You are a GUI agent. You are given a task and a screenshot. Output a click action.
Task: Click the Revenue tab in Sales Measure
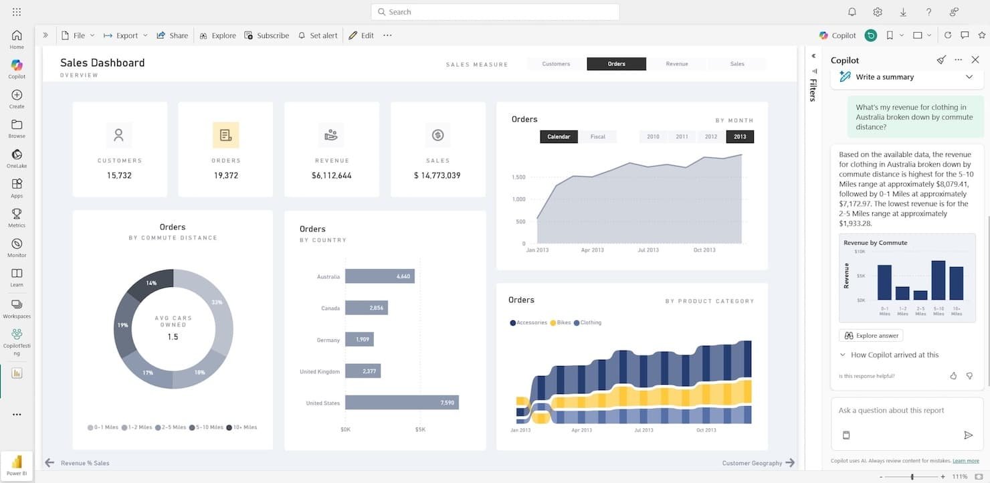(x=676, y=64)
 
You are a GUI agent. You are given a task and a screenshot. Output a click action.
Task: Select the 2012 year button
(x=710, y=136)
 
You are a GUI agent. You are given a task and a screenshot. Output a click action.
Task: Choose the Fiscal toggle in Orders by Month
(x=597, y=136)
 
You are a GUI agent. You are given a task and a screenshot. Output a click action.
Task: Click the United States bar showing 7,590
(x=401, y=403)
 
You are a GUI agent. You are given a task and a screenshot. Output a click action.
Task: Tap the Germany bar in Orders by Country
(x=359, y=340)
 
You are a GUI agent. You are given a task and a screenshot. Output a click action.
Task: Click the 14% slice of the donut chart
(x=151, y=284)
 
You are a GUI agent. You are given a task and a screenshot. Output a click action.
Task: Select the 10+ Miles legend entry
(x=241, y=427)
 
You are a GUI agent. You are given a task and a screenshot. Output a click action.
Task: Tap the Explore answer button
(x=871, y=335)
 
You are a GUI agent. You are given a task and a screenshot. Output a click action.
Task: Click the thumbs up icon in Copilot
(x=953, y=376)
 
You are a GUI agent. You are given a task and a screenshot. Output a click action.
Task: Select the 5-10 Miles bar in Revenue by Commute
(x=938, y=280)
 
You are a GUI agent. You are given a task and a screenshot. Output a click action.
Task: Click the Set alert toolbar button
(x=318, y=35)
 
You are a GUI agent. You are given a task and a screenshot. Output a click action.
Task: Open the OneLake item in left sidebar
(x=17, y=158)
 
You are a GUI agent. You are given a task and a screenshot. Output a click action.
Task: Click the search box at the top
(x=495, y=12)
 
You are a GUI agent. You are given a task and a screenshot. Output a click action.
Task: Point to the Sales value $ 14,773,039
(x=437, y=175)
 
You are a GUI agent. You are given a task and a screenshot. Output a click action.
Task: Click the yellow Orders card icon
(x=225, y=135)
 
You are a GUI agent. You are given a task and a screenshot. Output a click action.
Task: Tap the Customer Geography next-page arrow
(x=790, y=463)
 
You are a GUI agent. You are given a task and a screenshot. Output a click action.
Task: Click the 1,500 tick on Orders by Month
(x=518, y=177)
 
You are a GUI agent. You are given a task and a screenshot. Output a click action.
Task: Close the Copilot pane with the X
(x=975, y=60)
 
